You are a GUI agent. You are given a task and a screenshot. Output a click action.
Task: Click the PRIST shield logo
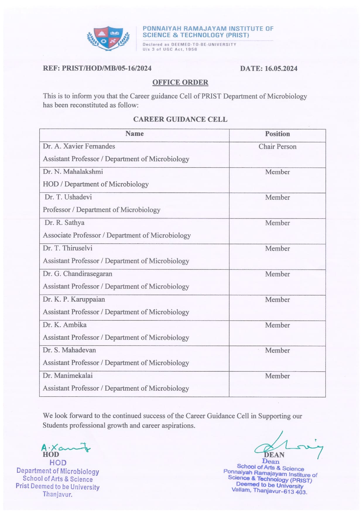[x=108, y=38]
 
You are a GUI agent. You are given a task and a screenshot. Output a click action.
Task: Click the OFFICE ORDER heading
[x=180, y=82]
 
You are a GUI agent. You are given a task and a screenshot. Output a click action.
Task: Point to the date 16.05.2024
[x=281, y=69]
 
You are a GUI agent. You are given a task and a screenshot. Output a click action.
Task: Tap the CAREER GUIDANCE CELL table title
[x=180, y=119]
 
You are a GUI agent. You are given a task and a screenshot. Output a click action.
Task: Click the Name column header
[x=134, y=134]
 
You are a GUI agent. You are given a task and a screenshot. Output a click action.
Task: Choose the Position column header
[x=277, y=134]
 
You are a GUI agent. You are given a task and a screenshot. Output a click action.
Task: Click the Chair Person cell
[x=277, y=146]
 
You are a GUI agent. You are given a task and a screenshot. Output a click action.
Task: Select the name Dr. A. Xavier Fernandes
[x=79, y=146]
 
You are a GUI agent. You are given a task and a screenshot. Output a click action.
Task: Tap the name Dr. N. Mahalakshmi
[x=73, y=172]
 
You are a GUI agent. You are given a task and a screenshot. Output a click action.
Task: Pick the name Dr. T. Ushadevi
[x=68, y=197]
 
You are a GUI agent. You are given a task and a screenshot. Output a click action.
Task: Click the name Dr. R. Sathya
[x=64, y=223]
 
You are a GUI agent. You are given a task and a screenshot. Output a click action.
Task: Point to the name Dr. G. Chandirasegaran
[x=78, y=274]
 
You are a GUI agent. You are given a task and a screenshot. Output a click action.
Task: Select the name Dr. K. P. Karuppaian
[x=74, y=299]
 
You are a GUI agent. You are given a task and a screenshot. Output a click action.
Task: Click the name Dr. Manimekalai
[x=68, y=375]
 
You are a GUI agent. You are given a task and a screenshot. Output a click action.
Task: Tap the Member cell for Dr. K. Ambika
[x=277, y=325]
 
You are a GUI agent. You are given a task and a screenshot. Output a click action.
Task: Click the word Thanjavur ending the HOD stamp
[x=57, y=494]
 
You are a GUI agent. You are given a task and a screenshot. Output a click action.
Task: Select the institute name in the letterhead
[x=208, y=32]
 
